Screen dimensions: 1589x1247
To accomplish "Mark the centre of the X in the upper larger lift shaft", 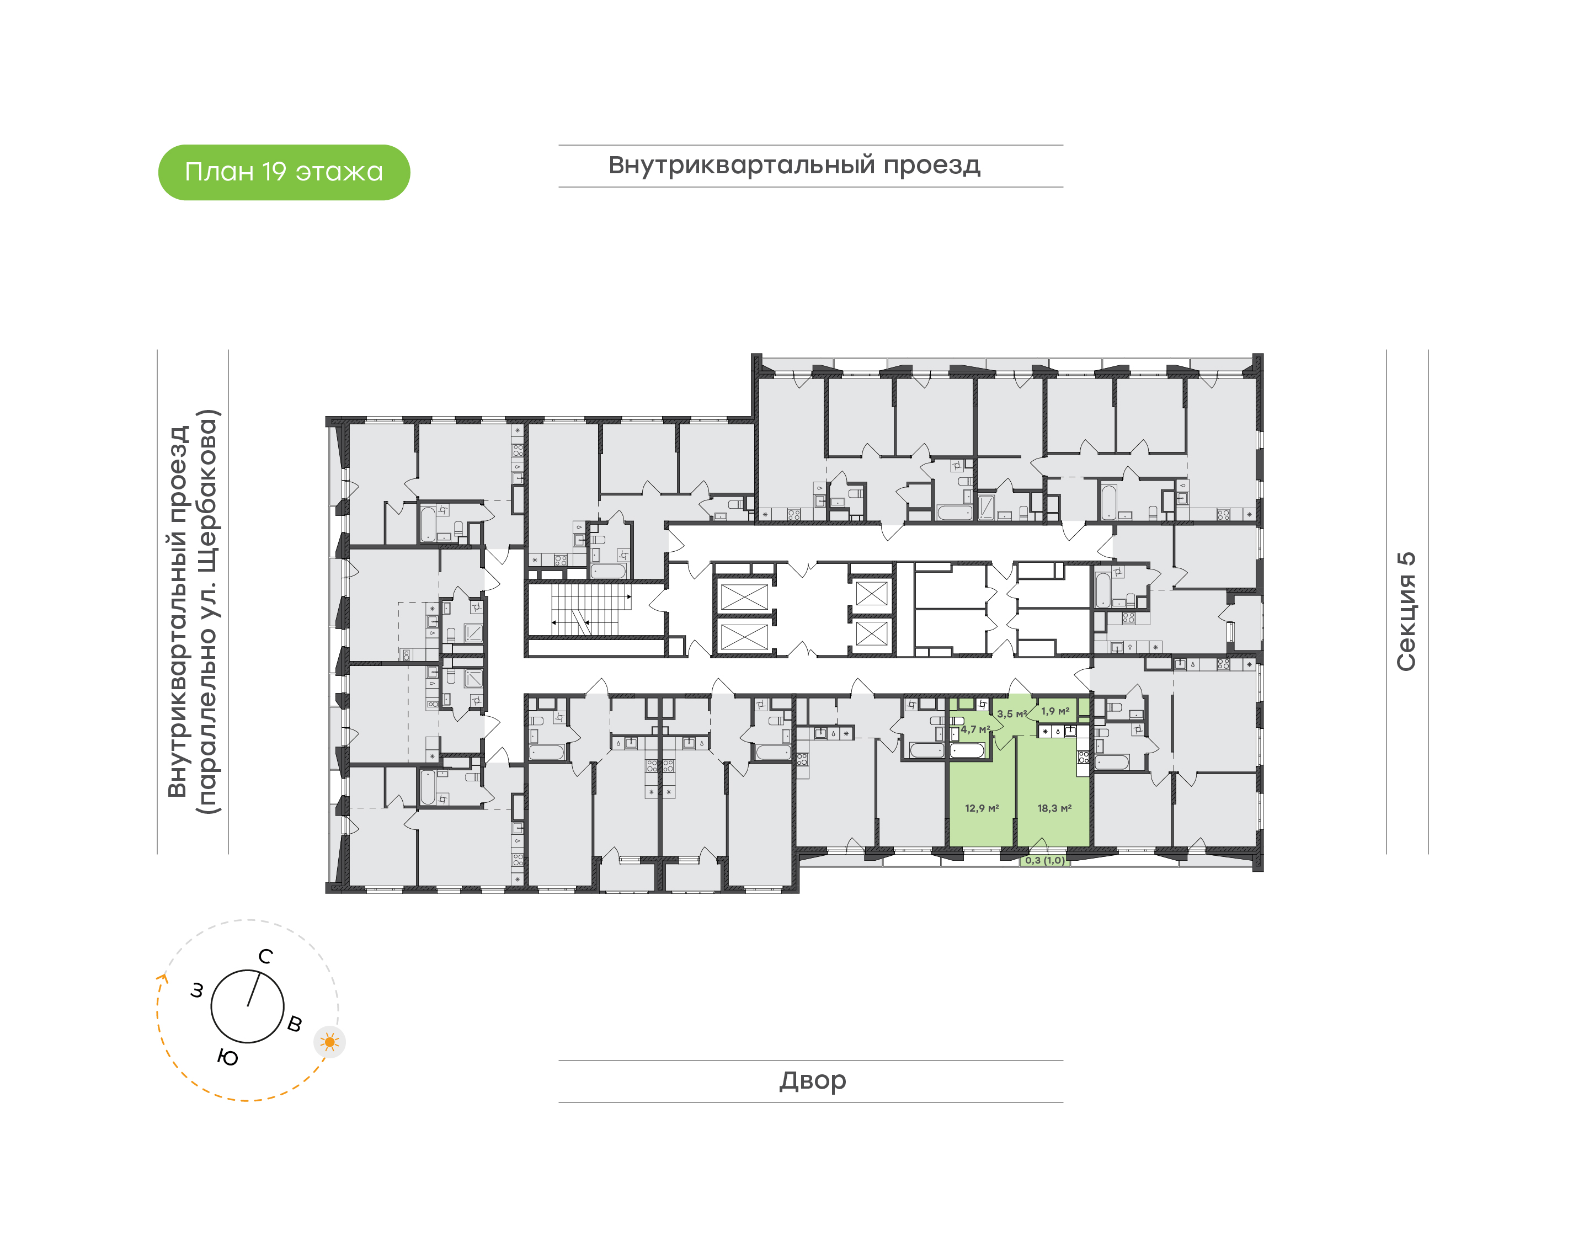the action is click(744, 596).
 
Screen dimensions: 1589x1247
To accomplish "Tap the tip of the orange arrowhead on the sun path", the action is click(163, 974).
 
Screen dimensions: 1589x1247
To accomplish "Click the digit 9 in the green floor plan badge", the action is click(279, 172).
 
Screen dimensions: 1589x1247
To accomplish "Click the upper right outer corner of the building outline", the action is click(1263, 355).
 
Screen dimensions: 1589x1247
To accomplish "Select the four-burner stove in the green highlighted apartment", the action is click(1083, 757).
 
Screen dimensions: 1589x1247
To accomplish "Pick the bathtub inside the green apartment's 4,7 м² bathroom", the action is click(968, 750).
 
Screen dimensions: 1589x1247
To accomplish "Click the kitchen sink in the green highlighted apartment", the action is click(1057, 731).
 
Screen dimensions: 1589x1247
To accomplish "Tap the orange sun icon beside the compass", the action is click(330, 1042).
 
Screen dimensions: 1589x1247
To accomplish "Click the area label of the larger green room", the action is click(1055, 808).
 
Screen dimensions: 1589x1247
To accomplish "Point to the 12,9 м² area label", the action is click(982, 808).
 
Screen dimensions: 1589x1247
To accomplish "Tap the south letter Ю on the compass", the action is click(228, 1057).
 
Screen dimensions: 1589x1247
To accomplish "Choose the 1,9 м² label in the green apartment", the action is click(1055, 711).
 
